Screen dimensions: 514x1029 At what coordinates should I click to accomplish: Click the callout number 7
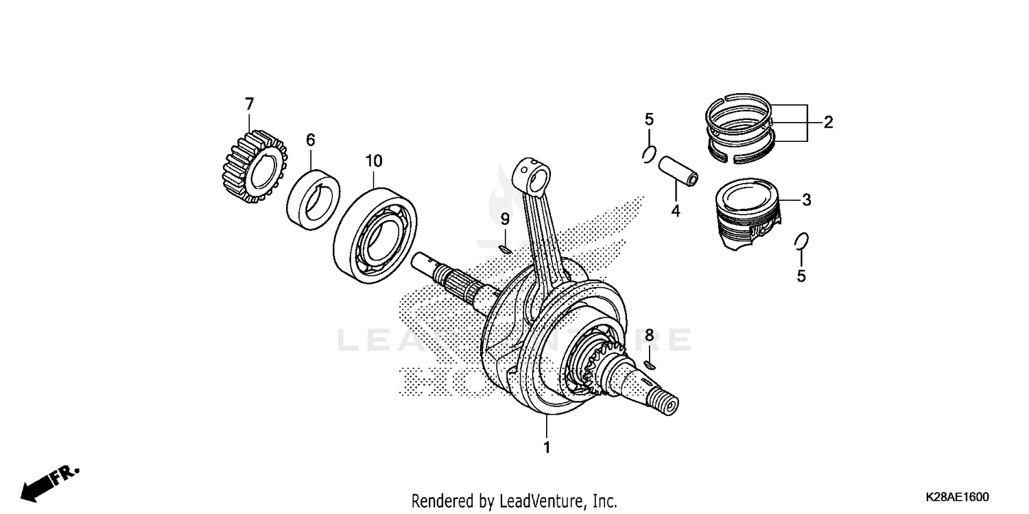249,104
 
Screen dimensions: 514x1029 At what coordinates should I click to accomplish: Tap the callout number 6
311,140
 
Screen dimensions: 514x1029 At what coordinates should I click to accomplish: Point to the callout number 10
374,161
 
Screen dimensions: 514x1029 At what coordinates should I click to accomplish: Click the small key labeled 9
504,249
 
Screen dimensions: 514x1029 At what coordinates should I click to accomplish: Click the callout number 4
675,212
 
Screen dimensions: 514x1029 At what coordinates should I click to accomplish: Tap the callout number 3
807,200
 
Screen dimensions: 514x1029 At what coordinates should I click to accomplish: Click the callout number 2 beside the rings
828,123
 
